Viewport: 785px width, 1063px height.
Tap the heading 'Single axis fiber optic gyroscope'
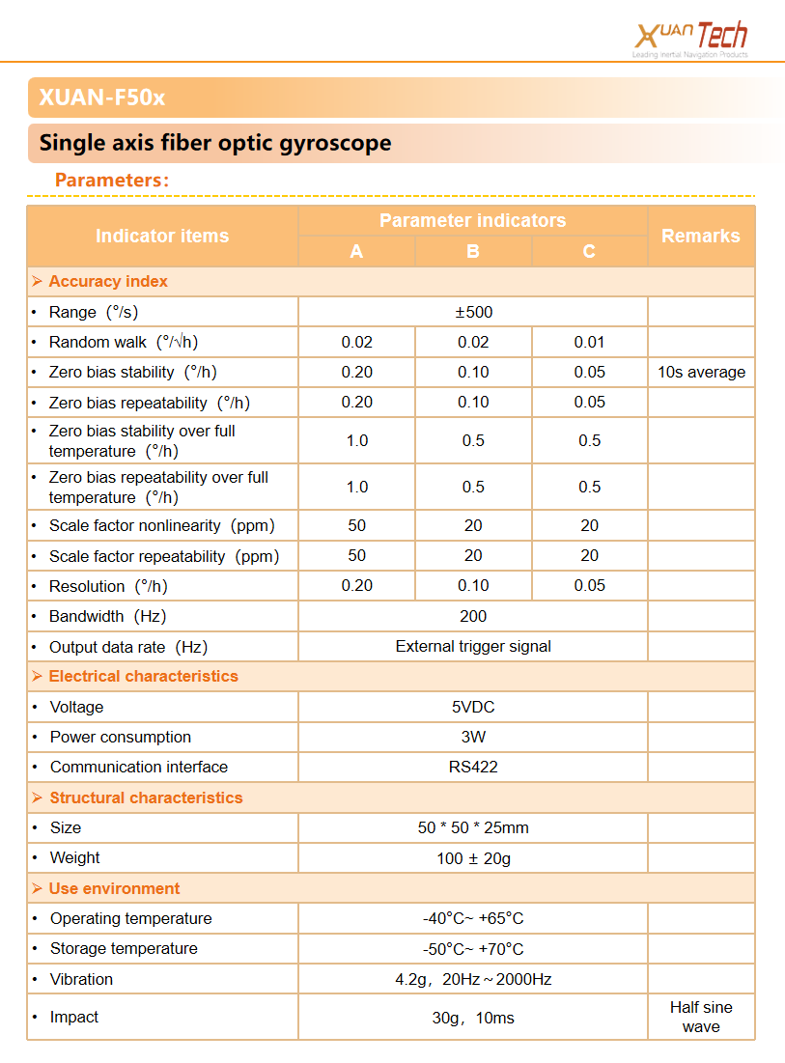(215, 144)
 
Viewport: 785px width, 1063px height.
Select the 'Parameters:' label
(112, 180)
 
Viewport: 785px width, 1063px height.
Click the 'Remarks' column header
(700, 236)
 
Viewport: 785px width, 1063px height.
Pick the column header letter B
(473, 252)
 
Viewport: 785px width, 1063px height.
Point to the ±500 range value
(473, 312)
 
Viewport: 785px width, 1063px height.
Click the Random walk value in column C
(589, 342)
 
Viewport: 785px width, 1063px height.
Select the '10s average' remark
(701, 372)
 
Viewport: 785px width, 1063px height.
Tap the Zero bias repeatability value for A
(356, 403)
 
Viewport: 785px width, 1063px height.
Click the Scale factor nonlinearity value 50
(356, 526)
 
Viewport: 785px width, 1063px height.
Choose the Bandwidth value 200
(473, 616)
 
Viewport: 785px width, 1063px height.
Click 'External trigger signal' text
(473, 646)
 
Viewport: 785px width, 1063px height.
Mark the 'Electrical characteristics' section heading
(143, 676)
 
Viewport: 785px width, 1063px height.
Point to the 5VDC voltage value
(473, 707)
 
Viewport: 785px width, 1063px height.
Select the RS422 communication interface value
(473, 767)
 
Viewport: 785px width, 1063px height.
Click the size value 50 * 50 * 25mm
(473, 827)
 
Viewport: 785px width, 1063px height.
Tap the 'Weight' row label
(75, 857)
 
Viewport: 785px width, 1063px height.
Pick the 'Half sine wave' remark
(701, 1017)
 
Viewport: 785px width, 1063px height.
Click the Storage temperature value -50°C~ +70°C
(473, 949)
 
